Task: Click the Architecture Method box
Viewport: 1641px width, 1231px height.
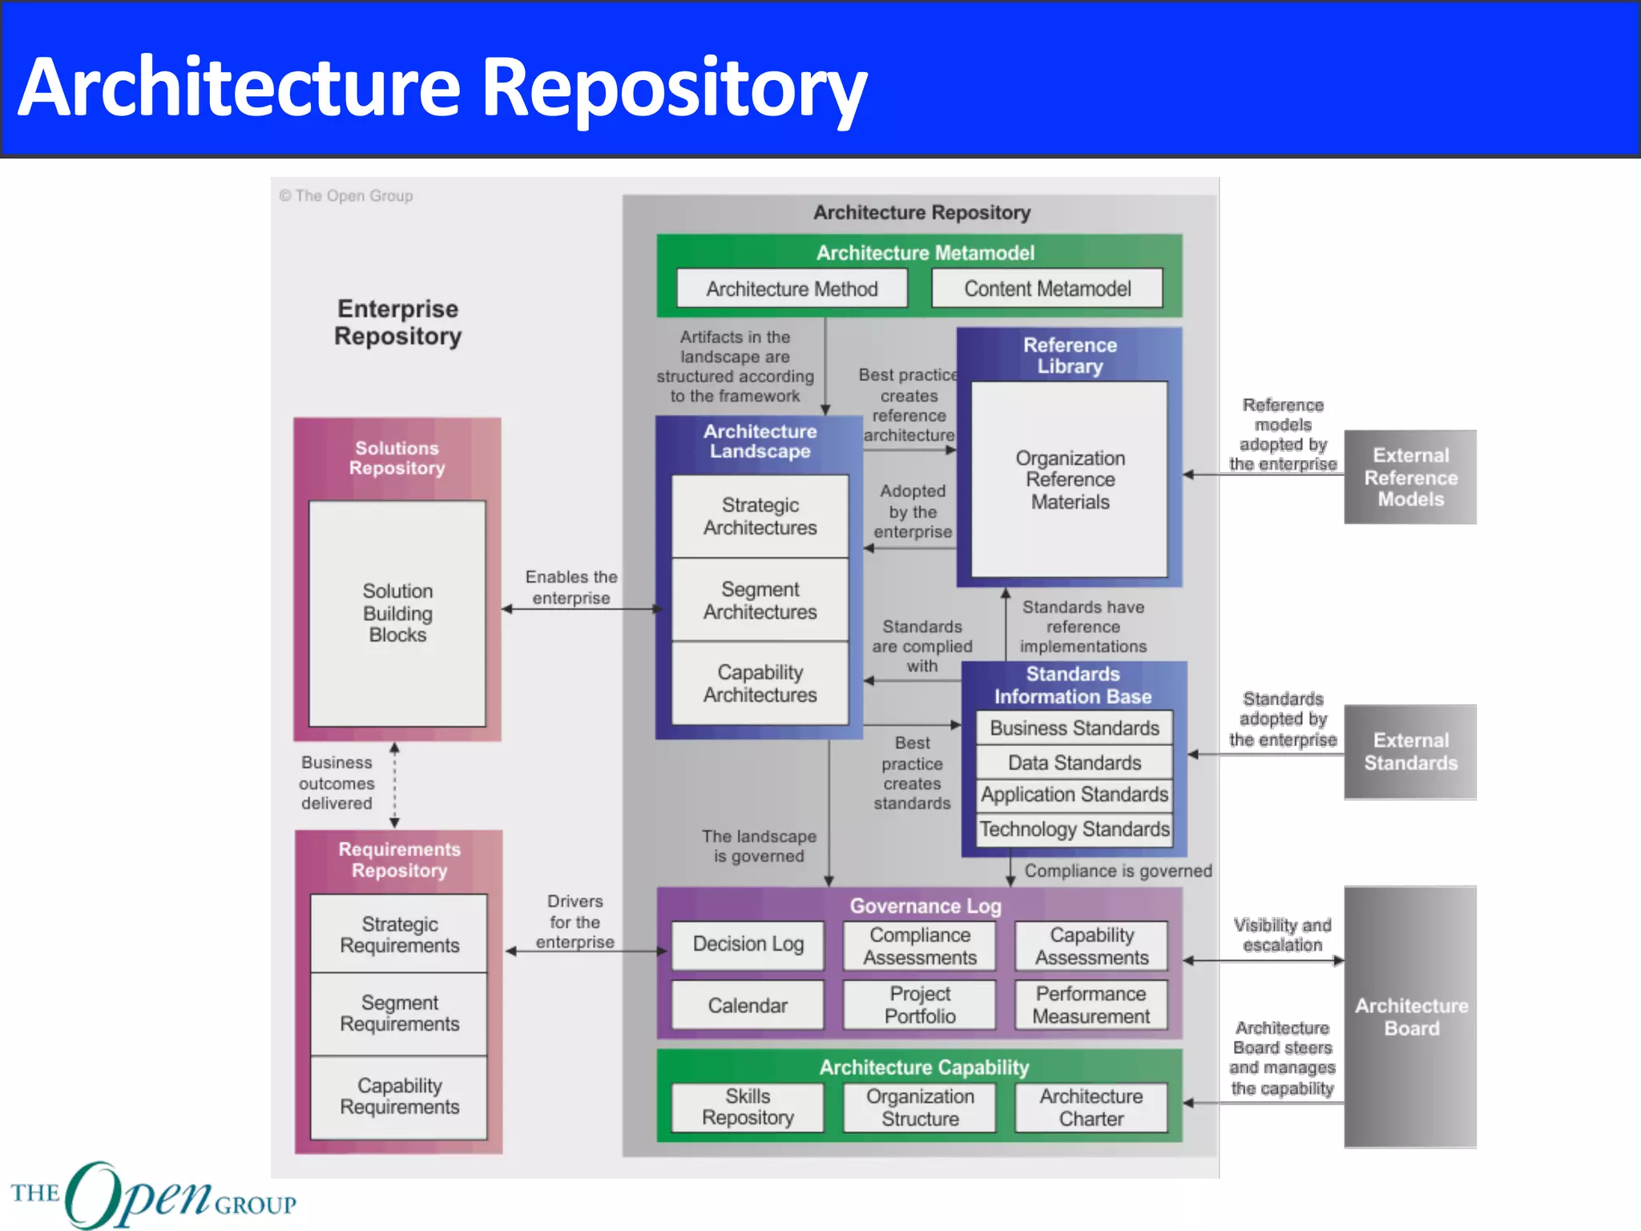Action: coord(792,289)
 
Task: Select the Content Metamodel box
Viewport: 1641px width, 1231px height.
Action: coord(1046,289)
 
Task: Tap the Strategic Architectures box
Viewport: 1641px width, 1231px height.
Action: coord(760,516)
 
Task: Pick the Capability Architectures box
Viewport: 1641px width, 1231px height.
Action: coord(760,684)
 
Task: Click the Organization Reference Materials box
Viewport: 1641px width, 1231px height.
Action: coord(1070,479)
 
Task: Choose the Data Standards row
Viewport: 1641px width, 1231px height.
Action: coord(1074,762)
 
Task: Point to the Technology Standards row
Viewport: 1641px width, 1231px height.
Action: coord(1074,829)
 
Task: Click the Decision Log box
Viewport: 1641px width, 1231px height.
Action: coord(748,944)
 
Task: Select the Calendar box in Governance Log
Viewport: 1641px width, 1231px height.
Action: coord(748,1005)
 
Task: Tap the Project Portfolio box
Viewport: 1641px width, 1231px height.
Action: coord(919,1005)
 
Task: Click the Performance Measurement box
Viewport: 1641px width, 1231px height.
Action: coord(1091,1005)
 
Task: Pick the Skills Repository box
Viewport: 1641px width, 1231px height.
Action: coord(748,1107)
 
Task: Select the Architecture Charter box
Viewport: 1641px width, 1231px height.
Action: coord(1091,1107)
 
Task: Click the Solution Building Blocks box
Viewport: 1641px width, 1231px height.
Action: coord(397,613)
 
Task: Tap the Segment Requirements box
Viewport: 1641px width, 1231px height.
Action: coord(399,1014)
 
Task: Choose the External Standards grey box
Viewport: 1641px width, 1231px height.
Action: coord(1410,752)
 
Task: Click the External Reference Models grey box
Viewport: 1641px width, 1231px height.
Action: coord(1410,477)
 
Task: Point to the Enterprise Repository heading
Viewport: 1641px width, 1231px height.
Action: coord(397,322)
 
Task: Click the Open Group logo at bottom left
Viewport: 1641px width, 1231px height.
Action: coord(152,1195)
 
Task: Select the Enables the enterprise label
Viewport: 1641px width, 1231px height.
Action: coord(571,587)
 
